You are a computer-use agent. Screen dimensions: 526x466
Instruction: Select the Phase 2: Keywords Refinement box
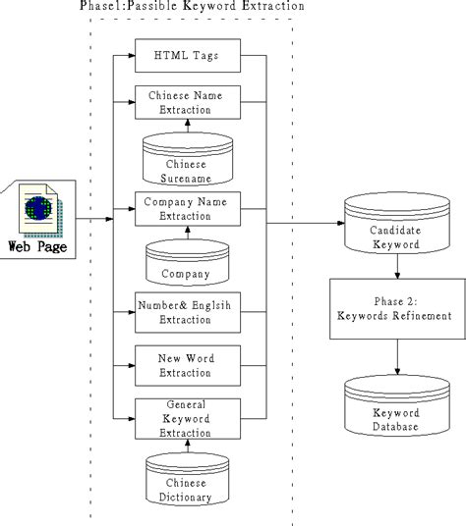coord(394,308)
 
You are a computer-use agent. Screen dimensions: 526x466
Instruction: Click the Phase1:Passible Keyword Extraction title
coord(192,8)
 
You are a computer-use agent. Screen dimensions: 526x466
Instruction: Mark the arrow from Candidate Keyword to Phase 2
coord(394,267)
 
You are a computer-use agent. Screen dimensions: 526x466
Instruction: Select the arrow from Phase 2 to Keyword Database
coord(394,356)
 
